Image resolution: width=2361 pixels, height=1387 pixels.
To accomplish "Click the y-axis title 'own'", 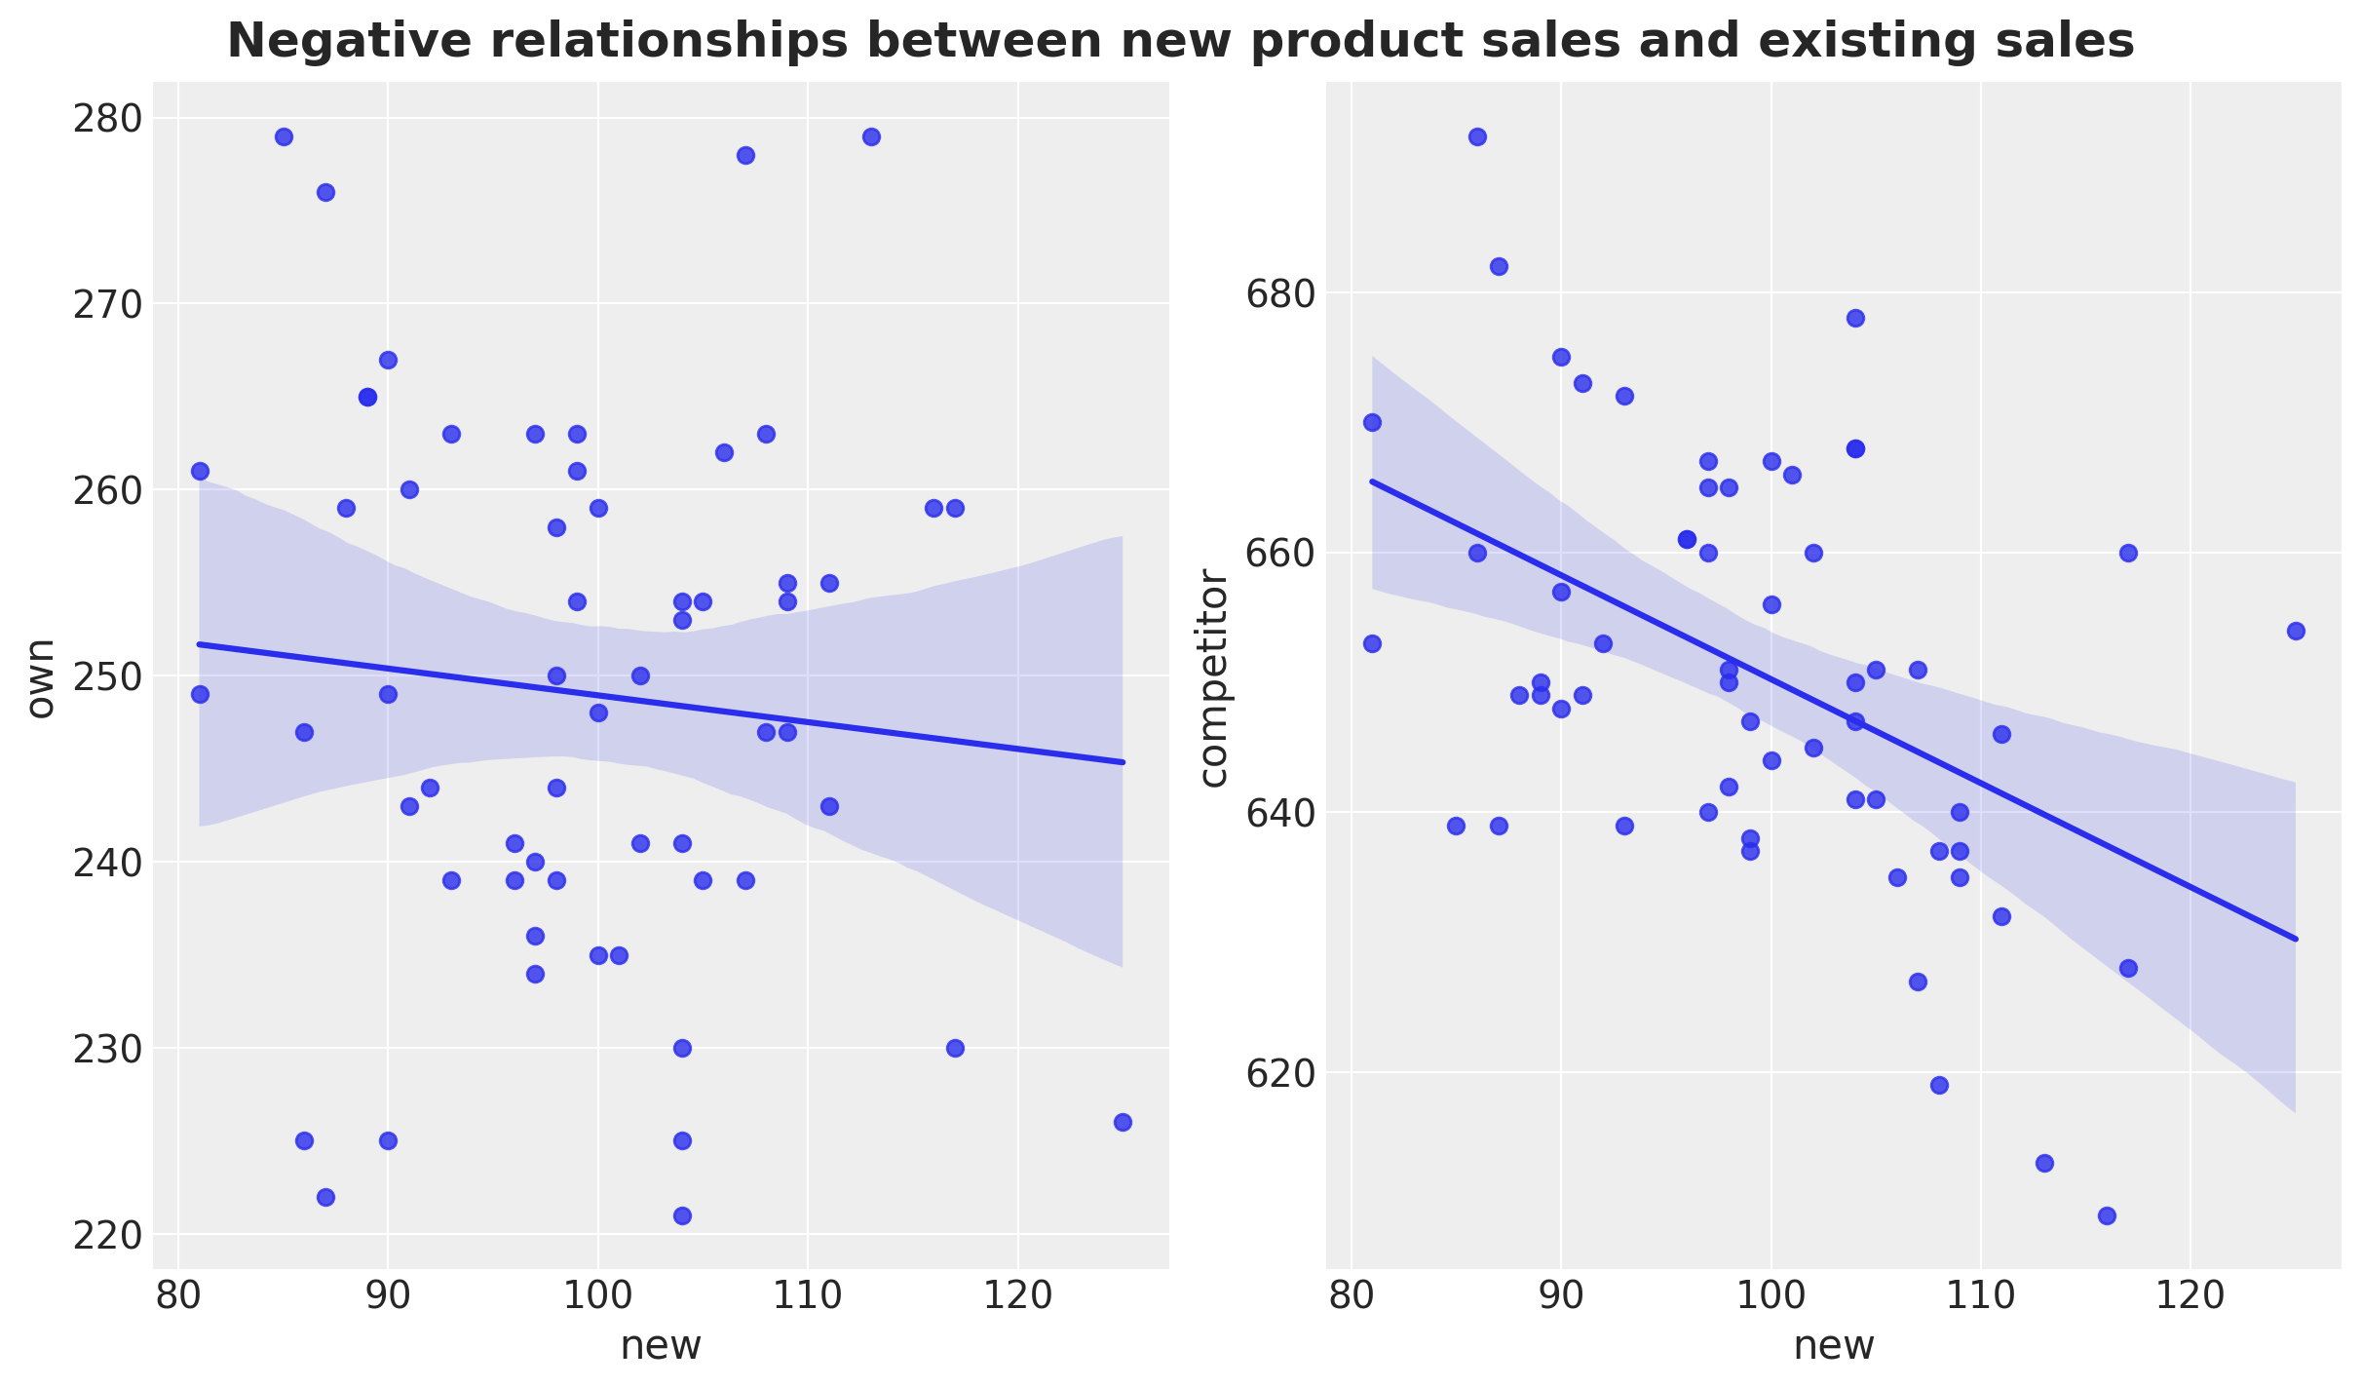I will pos(40,677).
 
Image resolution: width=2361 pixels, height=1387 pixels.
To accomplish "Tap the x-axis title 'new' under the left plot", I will pos(661,1345).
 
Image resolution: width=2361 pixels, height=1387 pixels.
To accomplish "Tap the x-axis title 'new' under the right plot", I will pos(1834,1345).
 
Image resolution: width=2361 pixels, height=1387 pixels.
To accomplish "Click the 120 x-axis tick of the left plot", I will pos(1018,1295).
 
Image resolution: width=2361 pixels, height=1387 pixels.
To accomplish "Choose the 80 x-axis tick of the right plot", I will pos(1352,1295).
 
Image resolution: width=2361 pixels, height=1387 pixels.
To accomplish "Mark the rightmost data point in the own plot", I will pos(1123,1122).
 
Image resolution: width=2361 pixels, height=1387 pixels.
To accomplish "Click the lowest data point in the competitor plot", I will pos(2107,1215).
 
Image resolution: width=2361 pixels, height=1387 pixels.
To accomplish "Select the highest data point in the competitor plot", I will pos(1477,136).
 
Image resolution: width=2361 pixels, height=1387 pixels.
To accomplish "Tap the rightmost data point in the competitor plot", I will pos(2296,631).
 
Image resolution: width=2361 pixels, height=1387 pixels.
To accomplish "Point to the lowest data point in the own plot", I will pos(682,1215).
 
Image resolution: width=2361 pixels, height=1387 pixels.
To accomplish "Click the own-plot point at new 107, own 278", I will pos(745,155).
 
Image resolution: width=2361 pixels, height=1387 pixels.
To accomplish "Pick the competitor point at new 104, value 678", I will pos(1855,318).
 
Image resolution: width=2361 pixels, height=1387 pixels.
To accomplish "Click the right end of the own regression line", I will pos(1123,762).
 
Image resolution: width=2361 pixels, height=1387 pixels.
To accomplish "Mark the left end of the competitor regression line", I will pos(1373,481).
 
